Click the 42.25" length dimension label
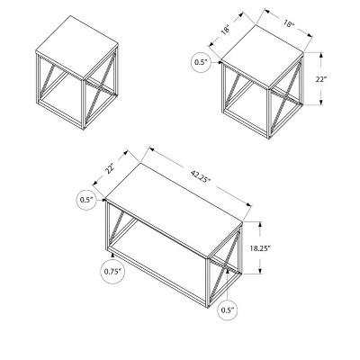(x=201, y=176)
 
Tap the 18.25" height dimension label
(x=261, y=248)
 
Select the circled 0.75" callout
(x=112, y=271)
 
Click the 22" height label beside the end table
(x=321, y=79)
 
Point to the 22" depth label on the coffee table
(x=110, y=168)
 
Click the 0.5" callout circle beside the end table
(x=201, y=62)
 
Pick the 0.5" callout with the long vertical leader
(x=228, y=310)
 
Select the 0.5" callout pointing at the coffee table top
(x=87, y=200)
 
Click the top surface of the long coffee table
(x=174, y=211)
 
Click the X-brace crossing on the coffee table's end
(x=224, y=265)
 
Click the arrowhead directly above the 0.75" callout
(x=112, y=256)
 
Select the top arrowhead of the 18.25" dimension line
(x=260, y=224)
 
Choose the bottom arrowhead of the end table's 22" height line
(x=321, y=102)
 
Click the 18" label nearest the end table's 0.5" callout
(x=226, y=30)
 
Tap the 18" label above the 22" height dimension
(x=289, y=24)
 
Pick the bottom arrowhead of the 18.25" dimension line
(x=260, y=271)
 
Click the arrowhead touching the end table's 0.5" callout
(x=220, y=62)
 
